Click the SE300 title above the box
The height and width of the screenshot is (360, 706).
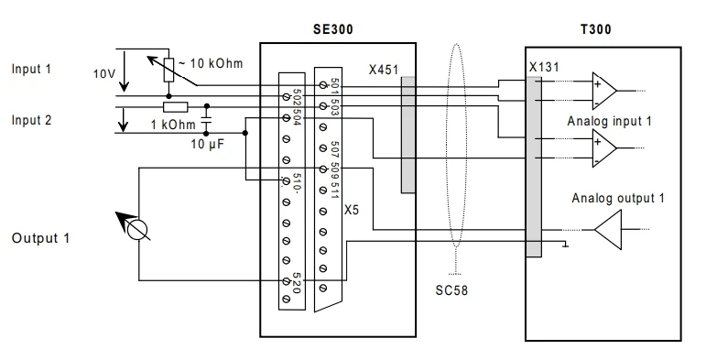coord(333,29)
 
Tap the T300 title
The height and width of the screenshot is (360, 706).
coord(596,29)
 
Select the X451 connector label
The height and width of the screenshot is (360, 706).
coord(384,70)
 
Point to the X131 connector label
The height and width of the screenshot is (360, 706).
coord(544,67)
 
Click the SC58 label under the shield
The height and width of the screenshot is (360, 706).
coord(451,290)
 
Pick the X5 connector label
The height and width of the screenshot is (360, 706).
coord(352,210)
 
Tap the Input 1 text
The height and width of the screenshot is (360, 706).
coord(31,69)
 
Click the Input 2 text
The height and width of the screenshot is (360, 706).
coord(31,120)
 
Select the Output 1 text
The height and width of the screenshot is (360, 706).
coord(41,238)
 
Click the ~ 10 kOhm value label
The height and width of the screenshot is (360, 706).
coord(211,63)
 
